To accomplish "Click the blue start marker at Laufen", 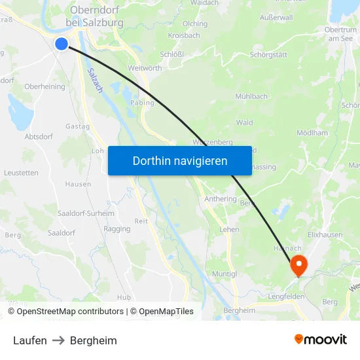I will tap(62, 44).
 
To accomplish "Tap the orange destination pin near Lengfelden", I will tap(298, 265).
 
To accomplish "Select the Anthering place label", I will tap(220, 199).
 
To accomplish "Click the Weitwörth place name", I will tap(145, 69).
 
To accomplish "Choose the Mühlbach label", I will tap(251, 96).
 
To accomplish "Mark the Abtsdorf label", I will tap(38, 137).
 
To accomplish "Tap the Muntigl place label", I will tap(225, 274).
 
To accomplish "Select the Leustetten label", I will tap(21, 173).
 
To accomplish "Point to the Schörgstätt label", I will tap(268, 55).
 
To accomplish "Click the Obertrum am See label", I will tap(340, 34).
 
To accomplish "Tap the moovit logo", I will tap(321, 340).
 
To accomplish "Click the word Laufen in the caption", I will tap(29, 340).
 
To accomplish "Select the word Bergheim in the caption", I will tap(93, 340).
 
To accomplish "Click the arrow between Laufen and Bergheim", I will tap(58, 340).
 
